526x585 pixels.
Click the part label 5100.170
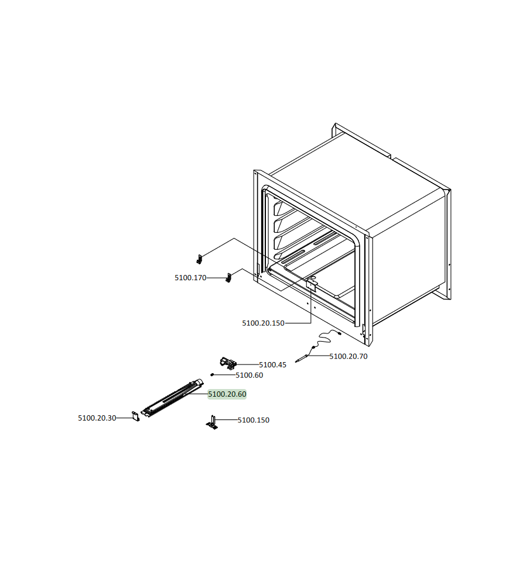point(190,277)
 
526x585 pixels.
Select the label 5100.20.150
point(263,323)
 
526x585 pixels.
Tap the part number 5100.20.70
point(348,356)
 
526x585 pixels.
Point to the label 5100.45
point(273,365)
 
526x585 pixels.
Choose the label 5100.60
point(249,376)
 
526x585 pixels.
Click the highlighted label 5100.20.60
point(227,394)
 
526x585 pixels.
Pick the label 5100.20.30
point(97,418)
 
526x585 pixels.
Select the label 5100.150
point(253,420)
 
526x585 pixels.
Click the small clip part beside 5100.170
point(228,278)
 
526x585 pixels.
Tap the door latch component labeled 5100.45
point(228,362)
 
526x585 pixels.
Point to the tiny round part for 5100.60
point(212,374)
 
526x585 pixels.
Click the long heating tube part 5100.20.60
point(173,398)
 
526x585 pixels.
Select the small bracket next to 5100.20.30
point(136,416)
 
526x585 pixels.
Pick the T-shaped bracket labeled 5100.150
point(212,423)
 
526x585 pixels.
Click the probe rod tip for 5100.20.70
point(296,361)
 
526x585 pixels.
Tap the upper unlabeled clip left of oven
point(200,259)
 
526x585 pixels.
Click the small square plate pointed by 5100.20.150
point(311,285)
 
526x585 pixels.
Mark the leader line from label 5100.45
point(248,364)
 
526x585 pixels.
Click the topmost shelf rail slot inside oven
point(284,208)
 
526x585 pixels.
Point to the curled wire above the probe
point(326,338)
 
